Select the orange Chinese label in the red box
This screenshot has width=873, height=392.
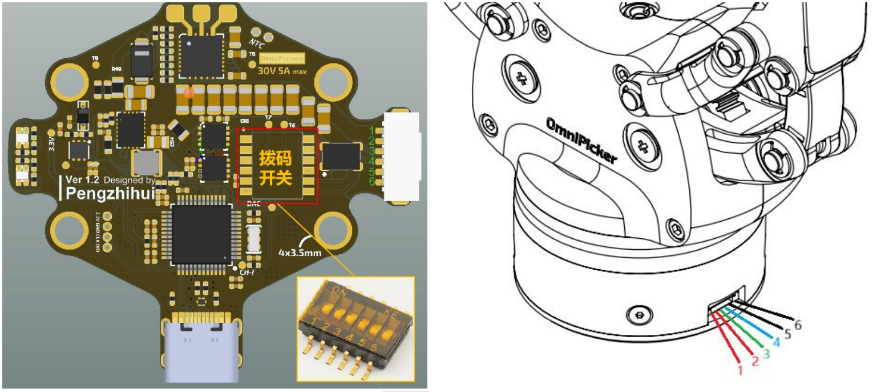[x=276, y=167]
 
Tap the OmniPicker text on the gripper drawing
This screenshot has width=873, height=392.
[x=581, y=141]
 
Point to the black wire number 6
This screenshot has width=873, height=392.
[x=798, y=325]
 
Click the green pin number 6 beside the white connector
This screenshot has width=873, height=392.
[x=371, y=182]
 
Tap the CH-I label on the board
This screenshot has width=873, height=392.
[x=246, y=273]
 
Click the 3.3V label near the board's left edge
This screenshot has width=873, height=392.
[x=51, y=142]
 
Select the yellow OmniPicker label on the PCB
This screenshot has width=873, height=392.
[x=282, y=58]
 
